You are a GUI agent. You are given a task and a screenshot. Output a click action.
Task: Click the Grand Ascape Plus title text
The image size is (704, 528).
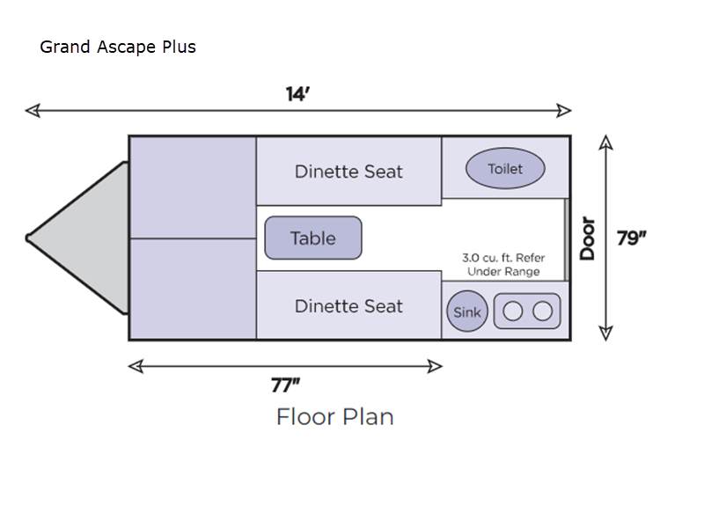(118, 47)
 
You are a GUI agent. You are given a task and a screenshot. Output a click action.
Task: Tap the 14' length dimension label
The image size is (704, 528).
(297, 94)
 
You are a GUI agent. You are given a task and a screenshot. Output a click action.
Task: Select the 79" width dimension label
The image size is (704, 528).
(632, 238)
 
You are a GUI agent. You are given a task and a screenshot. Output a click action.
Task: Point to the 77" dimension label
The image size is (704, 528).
(286, 385)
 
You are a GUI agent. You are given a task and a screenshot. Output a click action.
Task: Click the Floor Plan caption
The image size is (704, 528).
(334, 416)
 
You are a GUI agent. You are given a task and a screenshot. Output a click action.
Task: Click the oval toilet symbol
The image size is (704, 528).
(505, 169)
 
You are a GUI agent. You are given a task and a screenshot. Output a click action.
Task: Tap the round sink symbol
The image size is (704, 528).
(466, 312)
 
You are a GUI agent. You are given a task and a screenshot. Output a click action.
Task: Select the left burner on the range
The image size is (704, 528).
(513, 311)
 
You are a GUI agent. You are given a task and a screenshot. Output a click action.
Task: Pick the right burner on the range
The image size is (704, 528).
(542, 311)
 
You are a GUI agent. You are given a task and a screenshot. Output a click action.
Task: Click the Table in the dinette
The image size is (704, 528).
(313, 238)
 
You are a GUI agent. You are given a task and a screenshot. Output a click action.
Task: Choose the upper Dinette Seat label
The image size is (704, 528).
(348, 172)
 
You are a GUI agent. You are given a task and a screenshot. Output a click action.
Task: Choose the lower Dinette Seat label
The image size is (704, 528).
(348, 306)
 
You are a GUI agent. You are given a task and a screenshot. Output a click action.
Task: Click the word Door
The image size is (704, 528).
(588, 238)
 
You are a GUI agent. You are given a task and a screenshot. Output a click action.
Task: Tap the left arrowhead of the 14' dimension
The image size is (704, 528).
(32, 111)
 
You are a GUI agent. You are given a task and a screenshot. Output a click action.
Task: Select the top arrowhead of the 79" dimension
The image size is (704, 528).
(605, 142)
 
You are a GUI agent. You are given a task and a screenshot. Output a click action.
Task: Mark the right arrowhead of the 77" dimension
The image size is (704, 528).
(435, 366)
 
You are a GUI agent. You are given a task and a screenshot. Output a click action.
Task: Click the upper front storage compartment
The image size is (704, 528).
(193, 187)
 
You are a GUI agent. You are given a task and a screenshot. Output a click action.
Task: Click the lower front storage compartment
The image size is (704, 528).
(193, 289)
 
